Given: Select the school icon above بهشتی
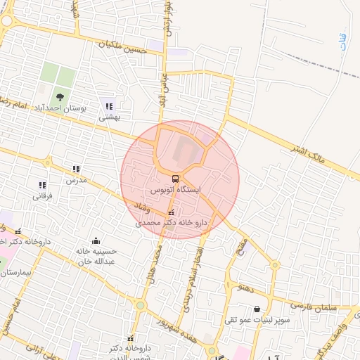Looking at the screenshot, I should (x=108, y=106).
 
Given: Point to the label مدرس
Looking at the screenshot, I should (x=76, y=180).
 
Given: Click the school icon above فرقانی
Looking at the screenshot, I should (x=41, y=185).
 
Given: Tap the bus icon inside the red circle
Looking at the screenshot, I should (x=175, y=179).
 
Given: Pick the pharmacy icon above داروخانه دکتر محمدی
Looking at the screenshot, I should (x=171, y=212).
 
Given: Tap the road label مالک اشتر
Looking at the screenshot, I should (x=312, y=150).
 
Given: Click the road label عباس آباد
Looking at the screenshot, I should (x=162, y=89).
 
